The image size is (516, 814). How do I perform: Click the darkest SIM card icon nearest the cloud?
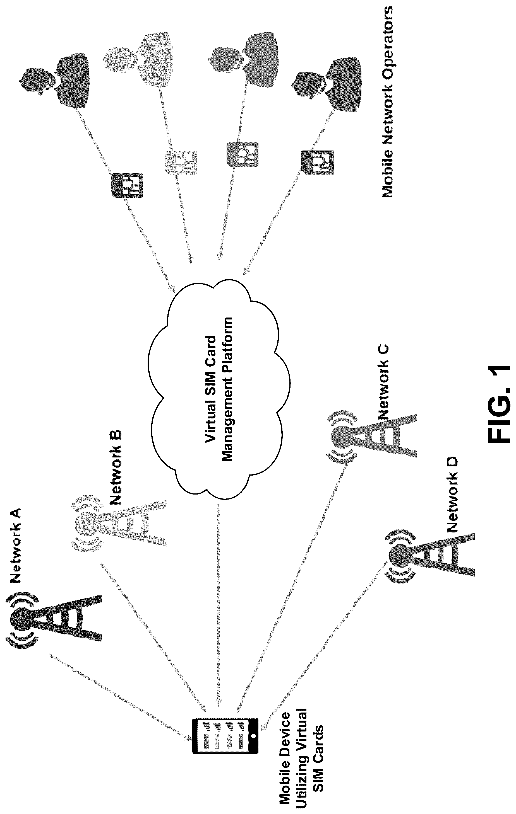coord(127,185)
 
